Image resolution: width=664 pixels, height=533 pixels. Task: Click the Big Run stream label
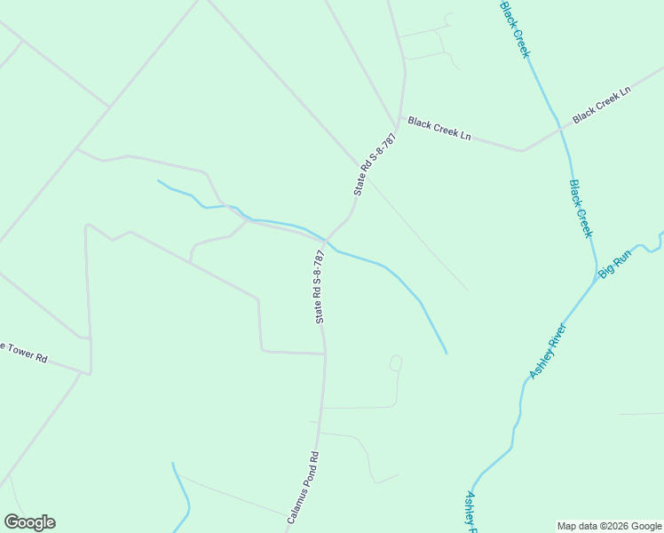[x=614, y=264]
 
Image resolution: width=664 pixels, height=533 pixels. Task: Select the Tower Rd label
[x=24, y=352]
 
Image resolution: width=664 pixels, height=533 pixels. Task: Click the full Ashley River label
[x=548, y=351]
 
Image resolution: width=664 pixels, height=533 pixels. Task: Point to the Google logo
[x=29, y=522]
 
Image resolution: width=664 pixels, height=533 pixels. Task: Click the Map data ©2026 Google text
[x=609, y=526]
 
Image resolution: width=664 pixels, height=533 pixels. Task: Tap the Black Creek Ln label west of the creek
[x=439, y=129]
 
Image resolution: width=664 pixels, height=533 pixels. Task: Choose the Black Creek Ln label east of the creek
[x=601, y=105]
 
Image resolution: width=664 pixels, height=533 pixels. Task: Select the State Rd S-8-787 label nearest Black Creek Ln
[x=374, y=164]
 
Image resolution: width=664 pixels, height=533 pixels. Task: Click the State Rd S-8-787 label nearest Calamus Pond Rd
[x=319, y=286]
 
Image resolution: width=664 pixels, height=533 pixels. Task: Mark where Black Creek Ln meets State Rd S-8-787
[x=399, y=118]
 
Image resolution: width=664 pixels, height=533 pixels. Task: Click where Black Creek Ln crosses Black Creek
[x=561, y=130]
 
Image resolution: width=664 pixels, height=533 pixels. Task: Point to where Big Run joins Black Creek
[x=596, y=279]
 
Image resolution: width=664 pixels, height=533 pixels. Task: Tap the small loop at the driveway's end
[x=396, y=362]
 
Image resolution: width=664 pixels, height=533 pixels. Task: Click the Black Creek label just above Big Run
[x=580, y=208]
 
